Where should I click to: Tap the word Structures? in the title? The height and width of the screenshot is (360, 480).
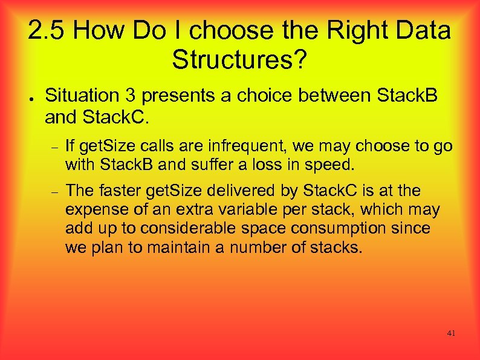[239, 59]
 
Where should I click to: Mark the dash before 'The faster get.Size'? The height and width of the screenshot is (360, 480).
[53, 192]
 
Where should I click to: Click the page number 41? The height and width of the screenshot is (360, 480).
[452, 333]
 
